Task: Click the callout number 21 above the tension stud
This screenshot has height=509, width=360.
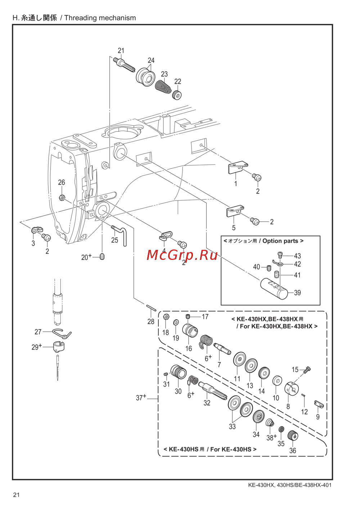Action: tap(121, 50)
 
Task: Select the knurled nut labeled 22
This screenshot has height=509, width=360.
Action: tap(177, 95)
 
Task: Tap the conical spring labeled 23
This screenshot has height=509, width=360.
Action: tap(162, 87)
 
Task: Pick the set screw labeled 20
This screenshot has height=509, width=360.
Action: tap(102, 257)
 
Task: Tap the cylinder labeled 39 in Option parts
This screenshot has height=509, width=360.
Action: tap(274, 289)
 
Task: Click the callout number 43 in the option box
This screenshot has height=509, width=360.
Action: tap(297, 256)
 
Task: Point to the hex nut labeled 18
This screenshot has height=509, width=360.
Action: tap(166, 316)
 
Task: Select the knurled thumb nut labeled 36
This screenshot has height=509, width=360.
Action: tap(293, 435)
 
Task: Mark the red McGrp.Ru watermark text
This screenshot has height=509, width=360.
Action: tap(182, 255)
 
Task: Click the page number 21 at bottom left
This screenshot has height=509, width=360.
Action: tap(16, 499)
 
